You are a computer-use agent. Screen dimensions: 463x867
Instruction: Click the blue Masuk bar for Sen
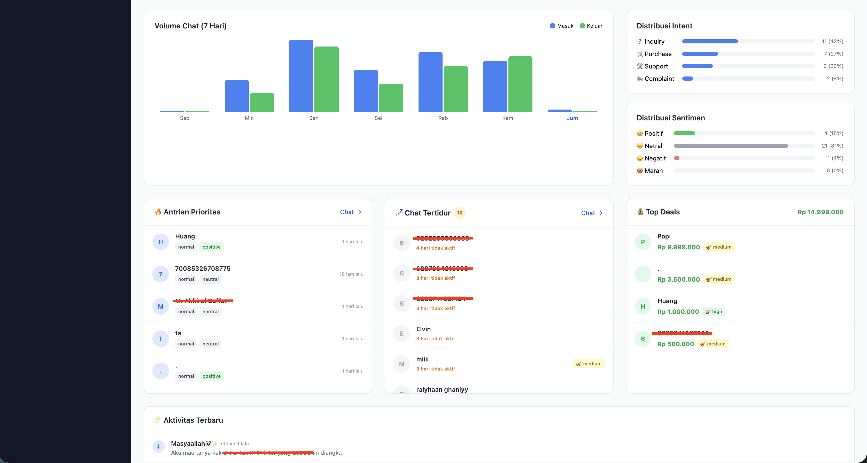tap(301, 76)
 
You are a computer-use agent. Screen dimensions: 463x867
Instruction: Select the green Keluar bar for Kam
tap(520, 84)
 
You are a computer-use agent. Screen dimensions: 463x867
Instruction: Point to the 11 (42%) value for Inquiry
tap(832, 41)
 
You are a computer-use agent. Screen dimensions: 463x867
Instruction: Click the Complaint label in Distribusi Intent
tap(659, 79)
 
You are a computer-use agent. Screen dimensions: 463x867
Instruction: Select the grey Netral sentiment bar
tap(730, 146)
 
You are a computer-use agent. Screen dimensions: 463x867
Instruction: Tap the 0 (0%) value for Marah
tap(835, 171)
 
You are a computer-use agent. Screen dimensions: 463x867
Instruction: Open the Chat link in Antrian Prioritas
tap(350, 212)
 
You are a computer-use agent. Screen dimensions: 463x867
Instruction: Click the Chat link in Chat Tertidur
tap(591, 213)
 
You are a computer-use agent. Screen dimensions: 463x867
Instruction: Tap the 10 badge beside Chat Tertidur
tap(459, 213)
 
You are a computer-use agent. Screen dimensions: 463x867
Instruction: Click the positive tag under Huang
tap(211, 247)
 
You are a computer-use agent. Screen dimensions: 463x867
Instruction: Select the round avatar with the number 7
tap(160, 274)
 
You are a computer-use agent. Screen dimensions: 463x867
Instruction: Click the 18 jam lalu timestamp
tap(351, 274)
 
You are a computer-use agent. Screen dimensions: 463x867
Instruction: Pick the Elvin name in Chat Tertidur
tap(423, 329)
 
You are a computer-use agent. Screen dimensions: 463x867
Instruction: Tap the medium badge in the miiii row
tap(589, 364)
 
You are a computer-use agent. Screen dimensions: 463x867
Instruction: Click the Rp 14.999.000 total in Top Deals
tap(820, 212)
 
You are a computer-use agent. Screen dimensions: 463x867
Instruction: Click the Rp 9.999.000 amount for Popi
tap(678, 247)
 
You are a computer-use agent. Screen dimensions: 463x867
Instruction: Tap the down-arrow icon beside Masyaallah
tap(159, 446)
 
